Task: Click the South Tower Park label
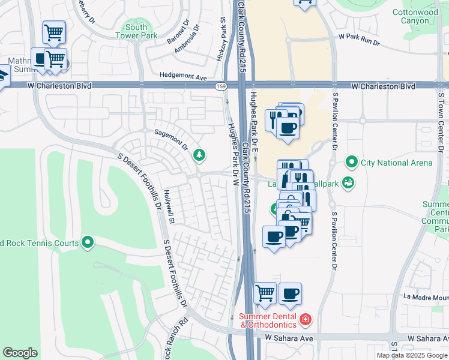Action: [136, 31]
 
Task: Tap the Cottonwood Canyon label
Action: [415, 16]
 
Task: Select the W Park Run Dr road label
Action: [359, 37]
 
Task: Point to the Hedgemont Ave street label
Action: [183, 77]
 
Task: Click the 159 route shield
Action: [221, 86]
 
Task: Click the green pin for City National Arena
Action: [351, 162]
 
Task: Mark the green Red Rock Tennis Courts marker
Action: [88, 242]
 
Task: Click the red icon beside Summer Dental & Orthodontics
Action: [306, 319]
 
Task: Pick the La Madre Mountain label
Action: [426, 296]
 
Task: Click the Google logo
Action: [20, 353]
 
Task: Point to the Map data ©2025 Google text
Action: [412, 355]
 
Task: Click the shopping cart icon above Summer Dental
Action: [265, 293]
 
